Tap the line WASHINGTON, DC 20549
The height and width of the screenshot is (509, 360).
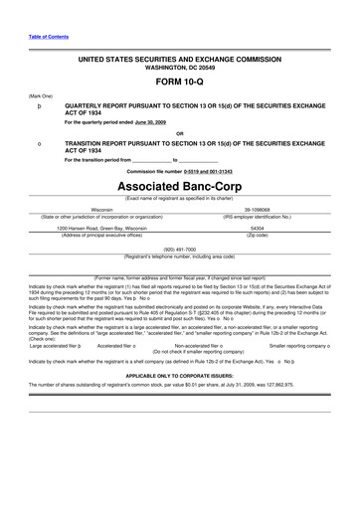pyautogui.click(x=180, y=69)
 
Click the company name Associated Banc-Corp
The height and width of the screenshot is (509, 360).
pyautogui.click(x=180, y=186)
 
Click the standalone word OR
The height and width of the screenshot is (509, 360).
pyautogui.click(x=179, y=133)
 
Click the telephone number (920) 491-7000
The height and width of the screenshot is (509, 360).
pyautogui.click(x=180, y=249)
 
